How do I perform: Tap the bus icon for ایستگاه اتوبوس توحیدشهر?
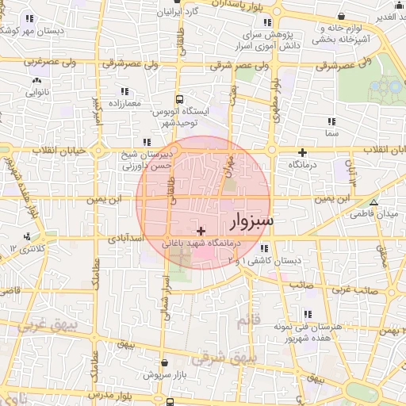pyautogui.click(x=181, y=100)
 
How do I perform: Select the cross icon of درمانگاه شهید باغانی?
pyautogui.click(x=200, y=230)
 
